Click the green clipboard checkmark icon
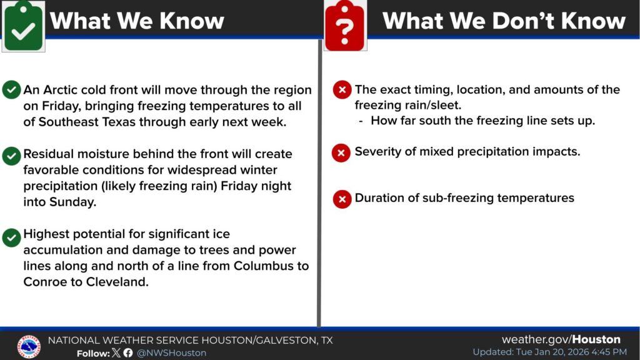point(23,26)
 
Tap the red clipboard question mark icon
point(345,25)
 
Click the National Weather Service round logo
point(29,346)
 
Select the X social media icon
point(116,352)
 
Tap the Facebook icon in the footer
point(128,352)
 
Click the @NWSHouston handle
point(171,352)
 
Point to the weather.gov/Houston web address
point(561,339)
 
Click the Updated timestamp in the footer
point(550,352)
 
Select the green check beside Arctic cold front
point(11,90)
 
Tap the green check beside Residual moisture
point(11,156)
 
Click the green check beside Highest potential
point(11,237)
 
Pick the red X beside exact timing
point(342,89)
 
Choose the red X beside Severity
point(341,153)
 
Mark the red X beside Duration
point(342,199)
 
